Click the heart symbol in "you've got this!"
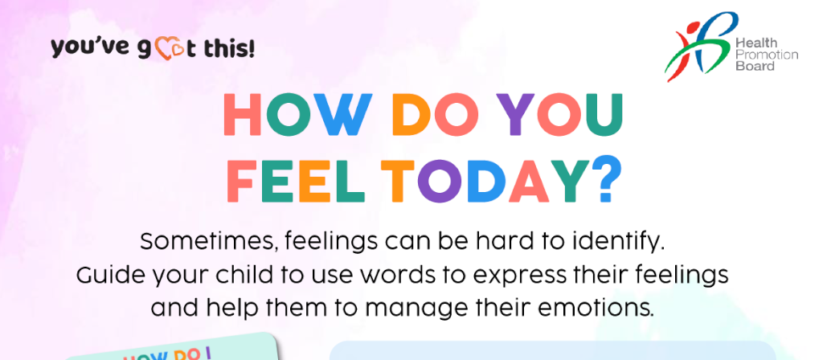tap(166, 49)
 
